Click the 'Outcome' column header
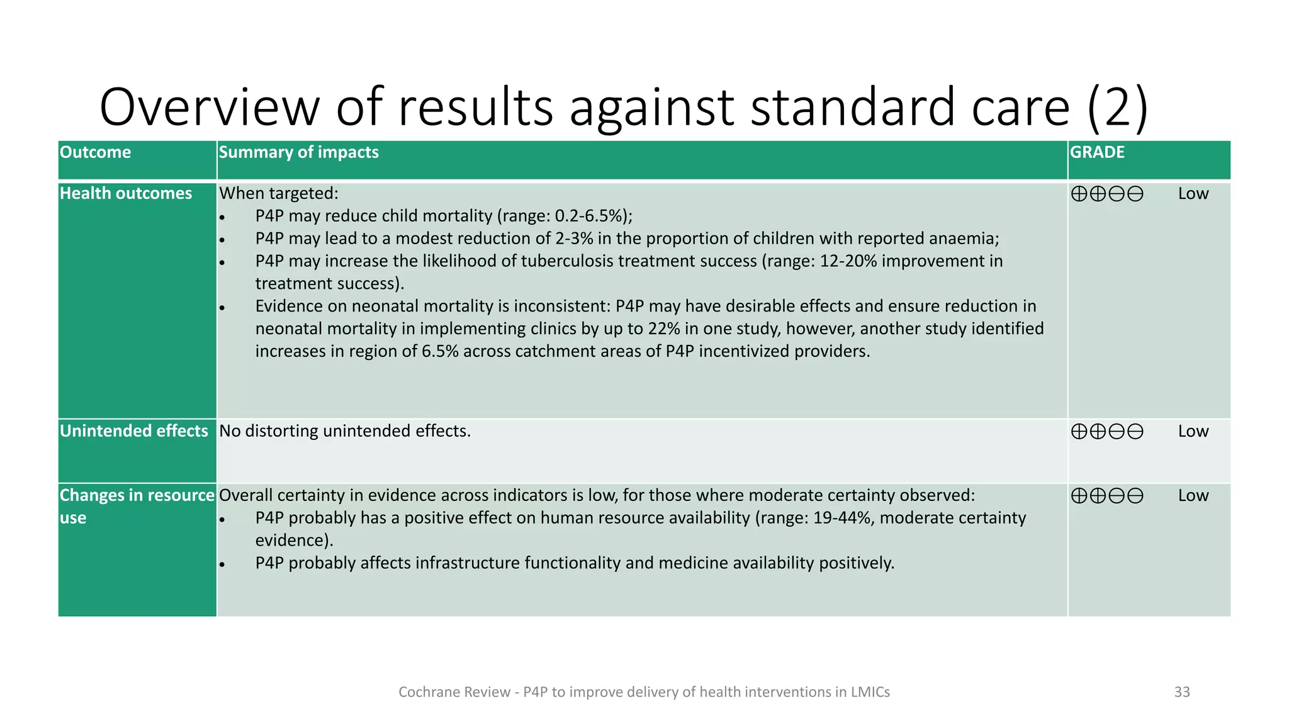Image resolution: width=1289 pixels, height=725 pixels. (95, 152)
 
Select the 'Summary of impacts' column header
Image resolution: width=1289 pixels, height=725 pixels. (298, 152)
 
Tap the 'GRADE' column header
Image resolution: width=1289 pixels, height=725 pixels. (1097, 152)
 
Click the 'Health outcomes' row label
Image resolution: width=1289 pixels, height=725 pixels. (126, 193)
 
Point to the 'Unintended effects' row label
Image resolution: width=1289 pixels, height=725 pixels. (133, 431)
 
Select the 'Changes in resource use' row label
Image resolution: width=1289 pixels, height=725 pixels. (137, 506)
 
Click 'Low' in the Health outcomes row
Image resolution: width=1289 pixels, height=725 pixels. (1193, 194)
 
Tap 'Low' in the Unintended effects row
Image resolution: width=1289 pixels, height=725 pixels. (1193, 432)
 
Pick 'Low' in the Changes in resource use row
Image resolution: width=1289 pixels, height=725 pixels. (1193, 496)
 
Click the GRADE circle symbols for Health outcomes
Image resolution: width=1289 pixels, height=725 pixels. (1107, 194)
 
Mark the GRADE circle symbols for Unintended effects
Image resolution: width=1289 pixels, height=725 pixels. (1107, 432)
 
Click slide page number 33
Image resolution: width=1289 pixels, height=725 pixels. (1182, 692)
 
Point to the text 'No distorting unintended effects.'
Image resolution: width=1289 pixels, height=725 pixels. (345, 431)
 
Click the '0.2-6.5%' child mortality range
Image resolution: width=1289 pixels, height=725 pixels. (589, 216)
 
